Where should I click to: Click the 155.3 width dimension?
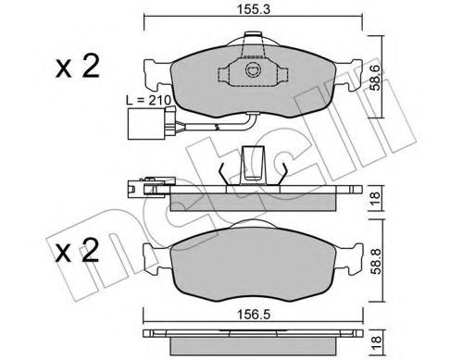pos(253,9)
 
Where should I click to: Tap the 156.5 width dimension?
pos(253,315)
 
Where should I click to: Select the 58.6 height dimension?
pos(376,78)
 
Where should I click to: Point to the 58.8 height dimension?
pos(376,261)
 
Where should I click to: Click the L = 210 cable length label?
pos(149,100)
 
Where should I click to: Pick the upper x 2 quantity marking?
pos(78,67)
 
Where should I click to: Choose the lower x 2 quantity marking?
pos(78,251)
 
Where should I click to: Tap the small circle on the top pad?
pos(254,70)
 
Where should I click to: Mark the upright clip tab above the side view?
pos(253,166)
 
